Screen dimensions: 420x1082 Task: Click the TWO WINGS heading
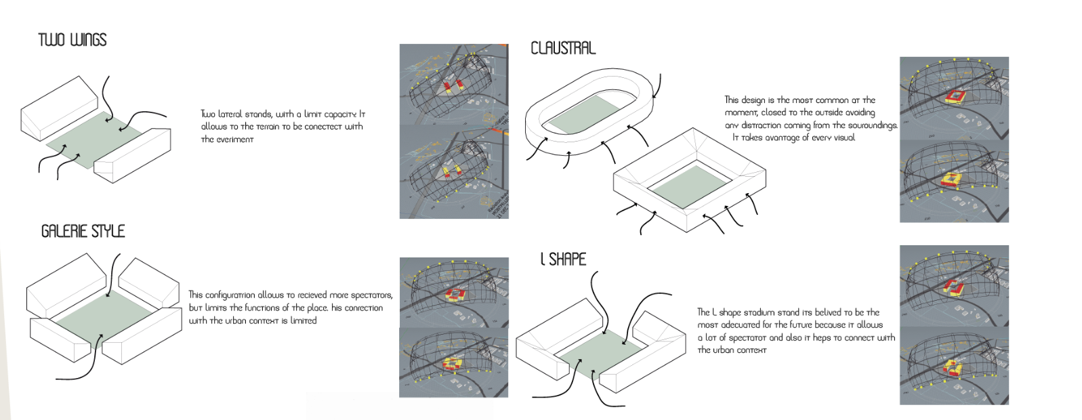(x=72, y=40)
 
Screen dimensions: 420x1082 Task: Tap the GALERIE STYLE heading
(x=83, y=232)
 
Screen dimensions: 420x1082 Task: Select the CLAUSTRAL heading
(x=562, y=48)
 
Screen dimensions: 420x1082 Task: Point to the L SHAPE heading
(x=563, y=259)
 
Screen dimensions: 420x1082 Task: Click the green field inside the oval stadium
(x=584, y=112)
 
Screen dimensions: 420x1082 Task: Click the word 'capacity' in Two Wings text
(x=340, y=114)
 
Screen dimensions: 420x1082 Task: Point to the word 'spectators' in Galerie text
(x=371, y=295)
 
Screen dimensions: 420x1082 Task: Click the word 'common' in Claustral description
(x=832, y=100)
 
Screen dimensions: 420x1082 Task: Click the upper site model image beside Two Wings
(x=453, y=84)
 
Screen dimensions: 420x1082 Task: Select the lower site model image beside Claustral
(x=954, y=182)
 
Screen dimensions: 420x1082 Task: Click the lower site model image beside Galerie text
(x=453, y=363)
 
